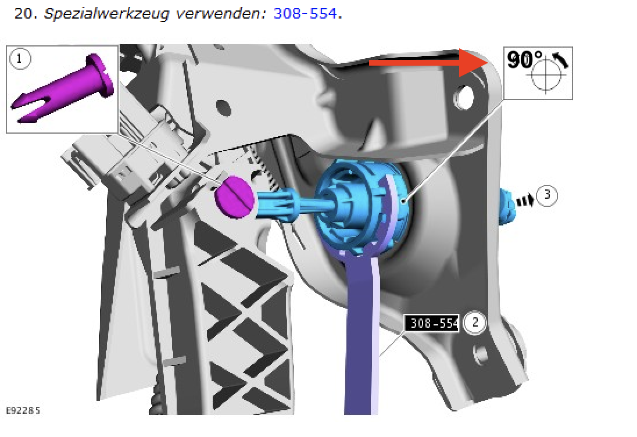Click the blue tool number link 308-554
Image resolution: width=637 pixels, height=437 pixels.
pos(305,13)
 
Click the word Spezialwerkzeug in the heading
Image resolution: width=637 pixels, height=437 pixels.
pos(106,14)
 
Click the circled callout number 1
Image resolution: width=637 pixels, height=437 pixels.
pos(19,59)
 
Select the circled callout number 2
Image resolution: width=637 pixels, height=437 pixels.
pos(475,323)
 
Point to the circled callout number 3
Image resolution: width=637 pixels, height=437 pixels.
pos(547,195)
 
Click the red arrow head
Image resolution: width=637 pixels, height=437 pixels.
pos(474,63)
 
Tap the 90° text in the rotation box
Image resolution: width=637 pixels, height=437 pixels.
pos(524,60)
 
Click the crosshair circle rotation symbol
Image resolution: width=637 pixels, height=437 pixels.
pos(546,75)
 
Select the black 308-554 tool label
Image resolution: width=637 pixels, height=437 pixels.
pos(432,323)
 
